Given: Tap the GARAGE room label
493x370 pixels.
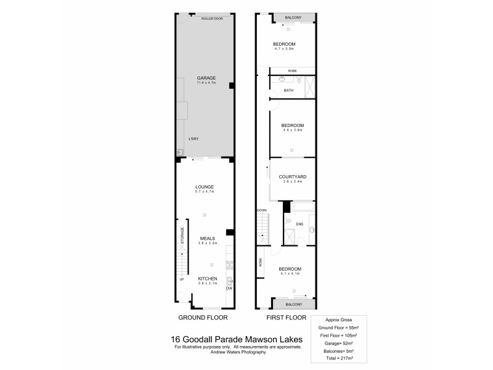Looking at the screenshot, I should [206, 78].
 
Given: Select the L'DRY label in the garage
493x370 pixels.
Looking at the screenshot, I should [194, 138].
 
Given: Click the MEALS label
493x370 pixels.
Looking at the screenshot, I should [206, 238].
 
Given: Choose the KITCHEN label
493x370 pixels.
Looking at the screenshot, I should [207, 279].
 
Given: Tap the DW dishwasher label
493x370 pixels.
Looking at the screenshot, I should [228, 288].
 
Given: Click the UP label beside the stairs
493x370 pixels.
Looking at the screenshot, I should [182, 279].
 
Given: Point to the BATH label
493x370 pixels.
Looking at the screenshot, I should [288, 91].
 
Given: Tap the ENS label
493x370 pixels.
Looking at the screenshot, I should [299, 224].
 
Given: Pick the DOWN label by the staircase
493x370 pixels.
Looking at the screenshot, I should [262, 210].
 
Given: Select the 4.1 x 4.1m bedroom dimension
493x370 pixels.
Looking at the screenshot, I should [290, 274].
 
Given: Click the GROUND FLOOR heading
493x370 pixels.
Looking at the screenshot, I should [203, 318].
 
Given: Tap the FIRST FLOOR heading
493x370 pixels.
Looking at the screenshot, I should [285, 318].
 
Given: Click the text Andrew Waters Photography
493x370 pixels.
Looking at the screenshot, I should [237, 351].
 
